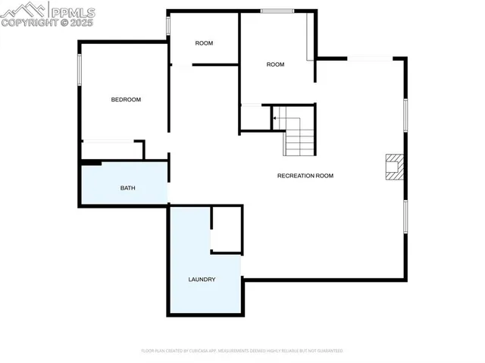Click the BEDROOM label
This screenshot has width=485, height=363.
click(126, 100)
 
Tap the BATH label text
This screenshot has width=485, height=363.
click(127, 187)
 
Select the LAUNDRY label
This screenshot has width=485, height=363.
click(202, 280)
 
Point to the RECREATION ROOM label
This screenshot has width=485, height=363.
click(305, 176)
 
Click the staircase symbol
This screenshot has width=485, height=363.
click(296, 130)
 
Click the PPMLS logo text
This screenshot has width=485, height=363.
click(72, 12)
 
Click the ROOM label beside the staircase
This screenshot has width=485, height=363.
click(275, 64)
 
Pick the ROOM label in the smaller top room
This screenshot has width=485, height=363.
click(204, 43)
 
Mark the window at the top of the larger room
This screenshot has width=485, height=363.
click(278, 11)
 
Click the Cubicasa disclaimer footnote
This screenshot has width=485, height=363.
click(242, 351)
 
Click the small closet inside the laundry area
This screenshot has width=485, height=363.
click(226, 229)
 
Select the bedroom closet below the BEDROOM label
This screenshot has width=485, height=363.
click(111, 150)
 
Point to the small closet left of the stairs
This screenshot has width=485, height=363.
click(255, 117)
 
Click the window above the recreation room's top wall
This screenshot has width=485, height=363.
click(370, 58)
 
